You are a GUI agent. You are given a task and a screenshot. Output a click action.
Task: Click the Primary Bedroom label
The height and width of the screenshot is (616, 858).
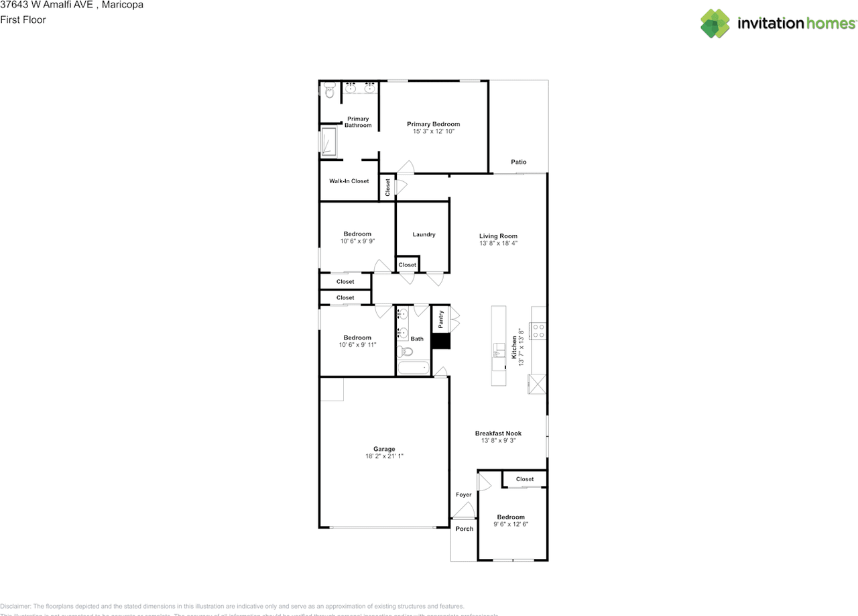click(433, 124)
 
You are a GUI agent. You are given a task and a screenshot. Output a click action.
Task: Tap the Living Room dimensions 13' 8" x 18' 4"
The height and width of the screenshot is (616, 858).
click(498, 244)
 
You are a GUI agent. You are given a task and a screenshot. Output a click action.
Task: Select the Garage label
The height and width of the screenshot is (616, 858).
click(384, 449)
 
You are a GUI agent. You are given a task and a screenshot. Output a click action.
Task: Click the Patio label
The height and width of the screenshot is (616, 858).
click(518, 162)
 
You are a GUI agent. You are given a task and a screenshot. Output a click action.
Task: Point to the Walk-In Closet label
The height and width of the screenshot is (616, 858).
click(349, 181)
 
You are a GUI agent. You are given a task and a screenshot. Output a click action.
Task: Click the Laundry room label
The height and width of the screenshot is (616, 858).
click(424, 234)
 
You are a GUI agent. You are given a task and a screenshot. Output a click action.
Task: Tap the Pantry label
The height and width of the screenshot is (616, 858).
click(440, 319)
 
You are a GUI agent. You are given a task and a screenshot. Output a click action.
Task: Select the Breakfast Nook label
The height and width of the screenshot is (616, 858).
click(498, 433)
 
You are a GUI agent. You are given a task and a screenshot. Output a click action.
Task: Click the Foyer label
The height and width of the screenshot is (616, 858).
click(463, 495)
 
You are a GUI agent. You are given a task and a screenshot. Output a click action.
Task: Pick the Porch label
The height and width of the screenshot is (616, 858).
click(464, 529)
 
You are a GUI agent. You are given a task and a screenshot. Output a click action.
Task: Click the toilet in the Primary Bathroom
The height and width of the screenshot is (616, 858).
click(328, 91)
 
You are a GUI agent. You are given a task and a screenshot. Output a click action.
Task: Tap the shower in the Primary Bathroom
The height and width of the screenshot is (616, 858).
click(328, 142)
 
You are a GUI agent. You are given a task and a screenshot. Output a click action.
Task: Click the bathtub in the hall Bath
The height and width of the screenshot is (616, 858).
click(413, 368)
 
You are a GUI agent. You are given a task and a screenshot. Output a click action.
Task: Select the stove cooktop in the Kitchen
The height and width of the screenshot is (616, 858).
click(538, 330)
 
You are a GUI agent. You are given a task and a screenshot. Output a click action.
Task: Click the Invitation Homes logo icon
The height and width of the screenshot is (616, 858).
click(715, 23)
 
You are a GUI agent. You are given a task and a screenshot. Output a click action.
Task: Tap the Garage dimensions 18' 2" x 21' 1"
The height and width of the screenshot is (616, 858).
click(384, 456)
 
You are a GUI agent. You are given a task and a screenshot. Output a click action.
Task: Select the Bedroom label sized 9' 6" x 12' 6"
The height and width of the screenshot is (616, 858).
click(510, 517)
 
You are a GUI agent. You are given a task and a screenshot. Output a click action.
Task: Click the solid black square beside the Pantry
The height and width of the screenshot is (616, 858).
click(440, 342)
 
